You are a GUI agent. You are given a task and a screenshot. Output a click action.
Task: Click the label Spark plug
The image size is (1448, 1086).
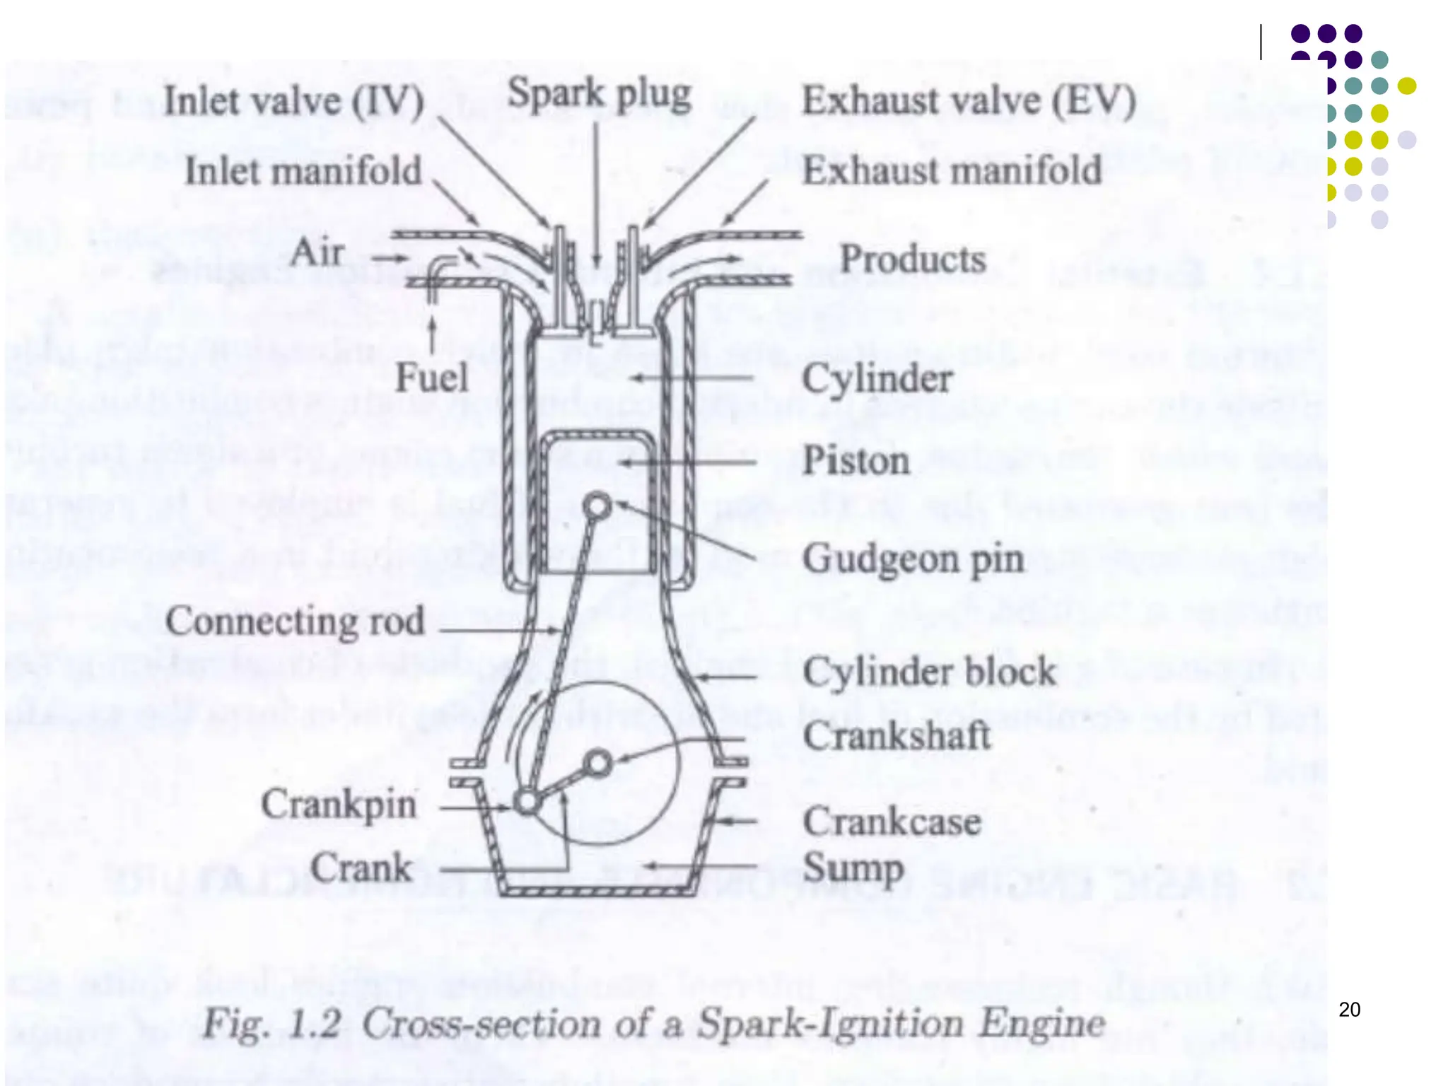[x=599, y=95]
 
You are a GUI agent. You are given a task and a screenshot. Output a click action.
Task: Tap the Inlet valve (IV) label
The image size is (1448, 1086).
[x=293, y=101]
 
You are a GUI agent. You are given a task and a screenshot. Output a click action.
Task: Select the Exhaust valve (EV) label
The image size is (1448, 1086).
[x=969, y=101]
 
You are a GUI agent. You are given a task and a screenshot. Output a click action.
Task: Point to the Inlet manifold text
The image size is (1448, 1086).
[x=303, y=171]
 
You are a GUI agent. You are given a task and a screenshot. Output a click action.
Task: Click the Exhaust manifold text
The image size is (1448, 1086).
[x=952, y=171]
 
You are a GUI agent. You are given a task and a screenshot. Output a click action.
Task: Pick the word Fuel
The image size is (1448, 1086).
[x=431, y=377]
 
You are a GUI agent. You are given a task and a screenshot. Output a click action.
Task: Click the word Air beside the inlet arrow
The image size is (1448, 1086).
[x=317, y=252]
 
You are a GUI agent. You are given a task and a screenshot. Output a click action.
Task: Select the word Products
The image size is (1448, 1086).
[x=912, y=259]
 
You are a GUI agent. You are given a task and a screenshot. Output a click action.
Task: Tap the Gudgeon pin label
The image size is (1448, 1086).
[x=913, y=560]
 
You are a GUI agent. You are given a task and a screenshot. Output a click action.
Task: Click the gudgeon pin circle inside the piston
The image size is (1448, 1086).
[x=597, y=506]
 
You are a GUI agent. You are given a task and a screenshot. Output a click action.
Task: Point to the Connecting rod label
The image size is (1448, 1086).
[x=295, y=621]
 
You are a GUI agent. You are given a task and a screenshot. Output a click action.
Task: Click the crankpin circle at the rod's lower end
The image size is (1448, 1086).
[x=527, y=802]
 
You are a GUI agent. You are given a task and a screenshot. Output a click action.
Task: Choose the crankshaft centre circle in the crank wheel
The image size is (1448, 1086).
[x=599, y=764]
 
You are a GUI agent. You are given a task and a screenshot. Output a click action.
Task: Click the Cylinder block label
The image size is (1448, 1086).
[x=929, y=672]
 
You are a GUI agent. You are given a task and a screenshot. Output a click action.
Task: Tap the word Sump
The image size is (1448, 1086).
[x=853, y=868]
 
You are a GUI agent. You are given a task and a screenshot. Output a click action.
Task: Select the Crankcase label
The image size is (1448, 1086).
[x=892, y=822]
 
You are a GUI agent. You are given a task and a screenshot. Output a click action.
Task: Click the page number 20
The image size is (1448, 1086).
[x=1349, y=1010]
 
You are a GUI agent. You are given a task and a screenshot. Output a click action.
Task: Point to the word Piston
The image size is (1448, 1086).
[x=856, y=461]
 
